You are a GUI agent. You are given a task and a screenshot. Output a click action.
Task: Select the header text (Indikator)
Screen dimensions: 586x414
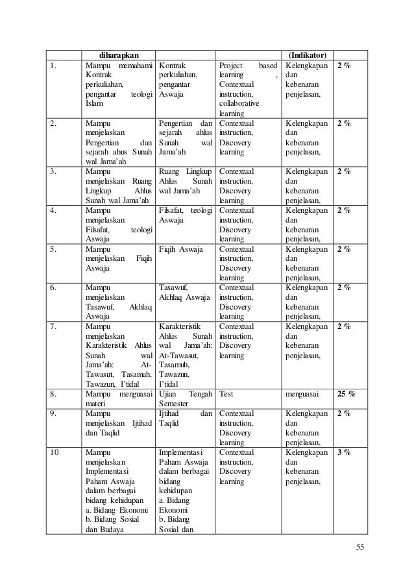tap(307, 54)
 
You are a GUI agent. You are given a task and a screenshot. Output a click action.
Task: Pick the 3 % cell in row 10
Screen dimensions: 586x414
tap(344, 452)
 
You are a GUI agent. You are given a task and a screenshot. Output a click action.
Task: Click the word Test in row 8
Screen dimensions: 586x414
tap(226, 393)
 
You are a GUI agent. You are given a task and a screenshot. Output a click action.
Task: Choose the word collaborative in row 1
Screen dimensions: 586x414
tap(238, 103)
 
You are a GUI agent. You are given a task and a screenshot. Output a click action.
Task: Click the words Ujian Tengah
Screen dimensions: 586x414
tap(186, 393)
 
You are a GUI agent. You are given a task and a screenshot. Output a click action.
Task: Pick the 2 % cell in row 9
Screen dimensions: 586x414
tap(344, 413)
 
